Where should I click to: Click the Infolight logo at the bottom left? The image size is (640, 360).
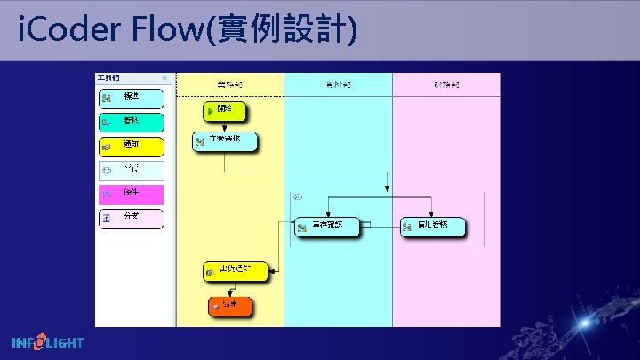pos(48,342)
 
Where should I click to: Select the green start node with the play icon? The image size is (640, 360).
pos(222,111)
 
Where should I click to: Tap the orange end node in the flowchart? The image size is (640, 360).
pos(230,307)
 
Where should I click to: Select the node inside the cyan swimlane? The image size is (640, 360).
pos(328,228)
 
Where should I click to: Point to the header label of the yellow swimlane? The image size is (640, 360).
pos(230,84)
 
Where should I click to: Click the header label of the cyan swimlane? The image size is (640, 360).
pos(338,84)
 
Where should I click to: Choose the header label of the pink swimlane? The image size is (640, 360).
pos(446,84)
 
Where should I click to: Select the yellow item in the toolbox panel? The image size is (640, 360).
pos(131,146)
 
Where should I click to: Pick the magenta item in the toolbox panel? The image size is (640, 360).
pos(131,194)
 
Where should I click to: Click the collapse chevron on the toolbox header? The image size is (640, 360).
pos(164,78)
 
